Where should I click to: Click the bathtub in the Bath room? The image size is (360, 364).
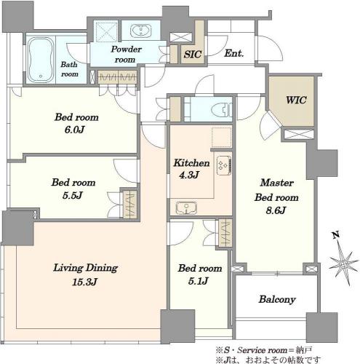pyautogui.click(x=41, y=60)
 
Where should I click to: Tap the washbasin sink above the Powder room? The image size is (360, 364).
pyautogui.click(x=140, y=31)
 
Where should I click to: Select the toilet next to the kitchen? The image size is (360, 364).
pyautogui.click(x=222, y=109)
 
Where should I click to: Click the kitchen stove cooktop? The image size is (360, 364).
pyautogui.click(x=224, y=165)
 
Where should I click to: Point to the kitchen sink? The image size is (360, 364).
pyautogui.click(x=186, y=208)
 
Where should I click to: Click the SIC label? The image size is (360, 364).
pyautogui.click(x=192, y=55)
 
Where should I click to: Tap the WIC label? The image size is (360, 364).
pyautogui.click(x=296, y=100)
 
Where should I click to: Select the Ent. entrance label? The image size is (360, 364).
pyautogui.click(x=233, y=53)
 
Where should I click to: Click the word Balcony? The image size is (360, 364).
pyautogui.click(x=277, y=299)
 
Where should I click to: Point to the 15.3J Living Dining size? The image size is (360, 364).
pyautogui.click(x=84, y=282)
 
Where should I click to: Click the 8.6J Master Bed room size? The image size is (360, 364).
pyautogui.click(x=276, y=210)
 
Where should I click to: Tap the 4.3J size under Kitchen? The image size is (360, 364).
pyautogui.click(x=189, y=175)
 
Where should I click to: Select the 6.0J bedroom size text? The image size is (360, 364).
pyautogui.click(x=74, y=130)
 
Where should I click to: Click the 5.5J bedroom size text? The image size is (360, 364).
pyautogui.click(x=73, y=195)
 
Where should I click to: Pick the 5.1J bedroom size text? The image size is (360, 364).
pyautogui.click(x=199, y=281)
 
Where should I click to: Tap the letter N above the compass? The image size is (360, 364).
pyautogui.click(x=336, y=235)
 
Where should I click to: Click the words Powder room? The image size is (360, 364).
pyautogui.click(x=126, y=55)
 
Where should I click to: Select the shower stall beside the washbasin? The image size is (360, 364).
pyautogui.click(x=105, y=32)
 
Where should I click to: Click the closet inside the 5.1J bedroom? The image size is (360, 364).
pyautogui.click(x=225, y=233)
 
